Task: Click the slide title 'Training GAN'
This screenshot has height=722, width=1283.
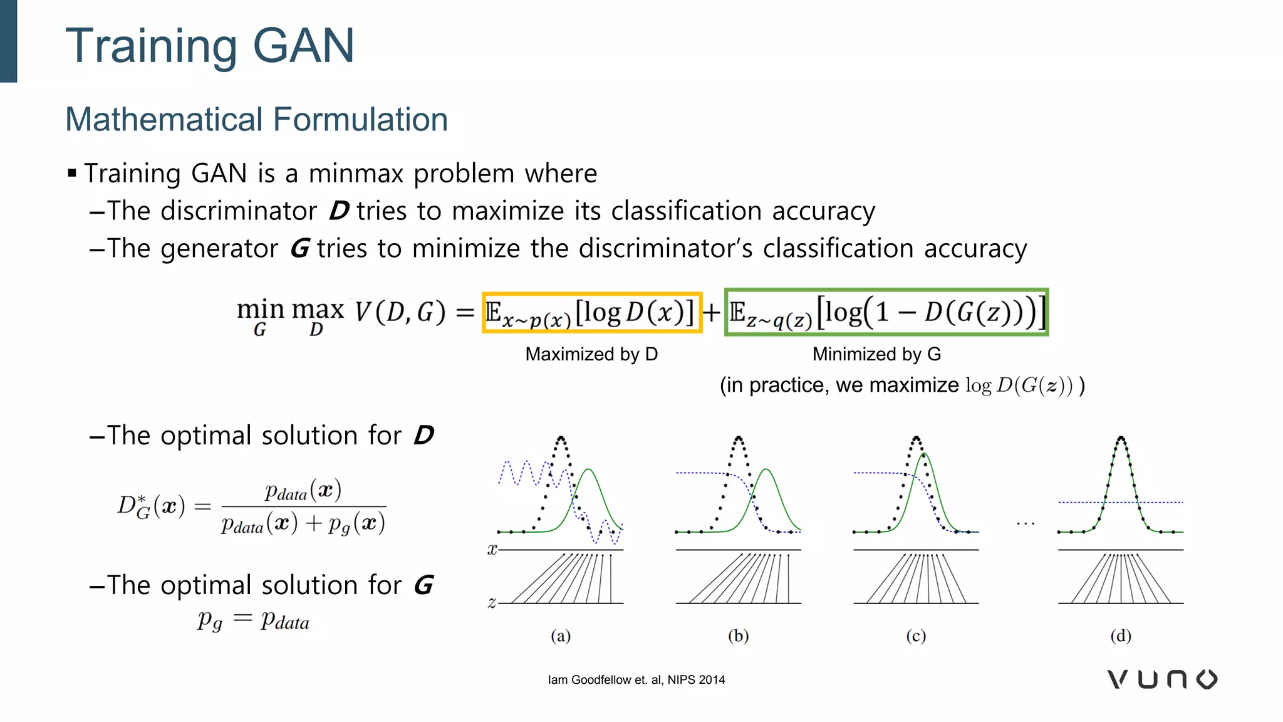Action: point(210,46)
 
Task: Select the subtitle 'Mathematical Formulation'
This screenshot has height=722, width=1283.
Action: point(256,119)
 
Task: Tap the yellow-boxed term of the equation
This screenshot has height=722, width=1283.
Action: point(591,312)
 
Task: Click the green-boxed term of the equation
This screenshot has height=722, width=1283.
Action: point(886,312)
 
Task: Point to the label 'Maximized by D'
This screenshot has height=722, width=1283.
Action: point(591,354)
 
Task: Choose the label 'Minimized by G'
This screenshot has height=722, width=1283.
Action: point(876,354)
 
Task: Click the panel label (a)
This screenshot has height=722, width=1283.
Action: point(561,636)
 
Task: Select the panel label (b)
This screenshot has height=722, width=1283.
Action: point(739,636)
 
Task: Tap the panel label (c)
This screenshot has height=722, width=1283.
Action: point(916,636)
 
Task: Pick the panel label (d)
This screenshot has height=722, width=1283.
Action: point(1121,636)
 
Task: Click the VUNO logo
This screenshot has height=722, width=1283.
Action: point(1162,679)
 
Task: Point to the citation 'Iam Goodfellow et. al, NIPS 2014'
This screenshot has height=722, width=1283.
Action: point(636,680)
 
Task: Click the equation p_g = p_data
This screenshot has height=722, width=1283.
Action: point(253,620)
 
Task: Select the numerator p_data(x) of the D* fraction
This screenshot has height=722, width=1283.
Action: point(303,491)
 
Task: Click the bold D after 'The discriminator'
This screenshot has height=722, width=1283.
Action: point(339,211)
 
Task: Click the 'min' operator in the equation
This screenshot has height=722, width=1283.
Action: point(260,310)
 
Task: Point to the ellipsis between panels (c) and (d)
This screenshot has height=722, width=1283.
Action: point(1026,523)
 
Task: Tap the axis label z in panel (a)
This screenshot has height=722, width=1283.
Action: point(492,603)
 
